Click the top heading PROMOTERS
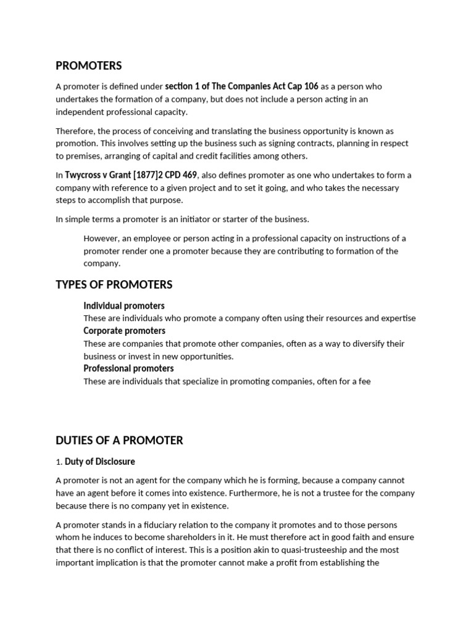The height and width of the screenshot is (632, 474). [89, 65]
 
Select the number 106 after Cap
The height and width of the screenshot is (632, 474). [310, 86]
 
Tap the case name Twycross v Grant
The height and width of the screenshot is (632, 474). [98, 175]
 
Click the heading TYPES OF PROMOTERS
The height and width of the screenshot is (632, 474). [114, 285]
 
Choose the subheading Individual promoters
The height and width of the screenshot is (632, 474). [124, 306]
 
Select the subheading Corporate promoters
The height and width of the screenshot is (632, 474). [124, 331]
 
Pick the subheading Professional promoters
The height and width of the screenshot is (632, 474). [128, 368]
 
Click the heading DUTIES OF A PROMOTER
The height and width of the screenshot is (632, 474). [119, 440]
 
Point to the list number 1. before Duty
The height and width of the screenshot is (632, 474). [59, 462]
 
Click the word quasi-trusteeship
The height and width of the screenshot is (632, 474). [321, 550]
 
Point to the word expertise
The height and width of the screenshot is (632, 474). [396, 318]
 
